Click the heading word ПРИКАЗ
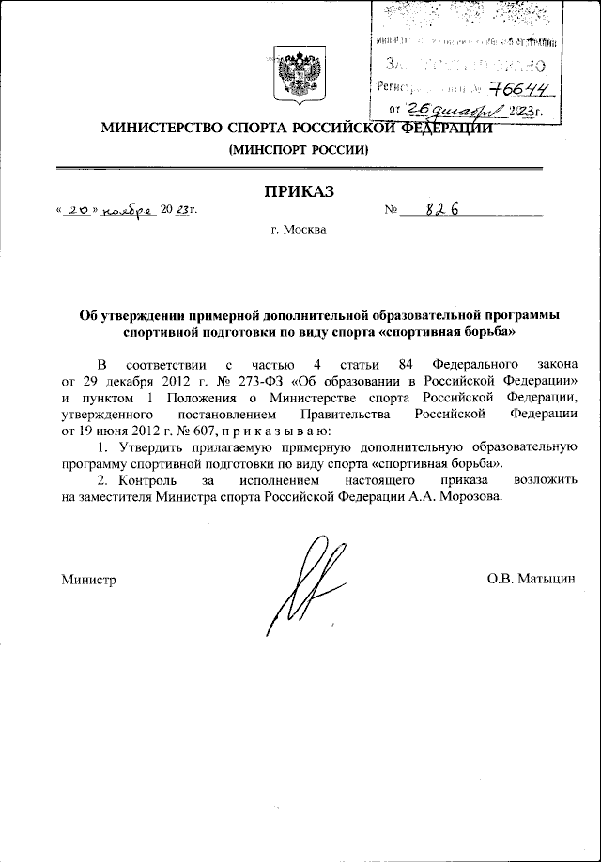click(x=298, y=192)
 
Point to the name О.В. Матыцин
click(x=530, y=581)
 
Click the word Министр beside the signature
click(x=89, y=581)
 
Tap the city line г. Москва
click(x=298, y=229)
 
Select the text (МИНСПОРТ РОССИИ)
click(x=298, y=149)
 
